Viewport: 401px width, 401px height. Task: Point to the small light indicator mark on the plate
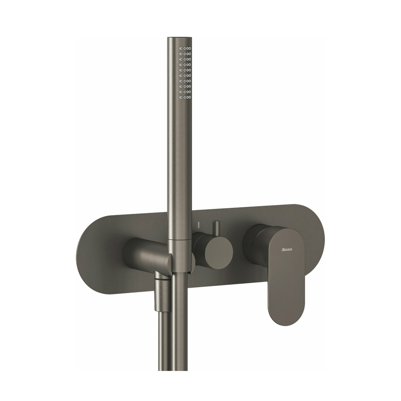point(198,225)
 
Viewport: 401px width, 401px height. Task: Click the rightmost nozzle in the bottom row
point(190,97)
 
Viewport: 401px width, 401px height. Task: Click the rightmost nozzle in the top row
point(190,48)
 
